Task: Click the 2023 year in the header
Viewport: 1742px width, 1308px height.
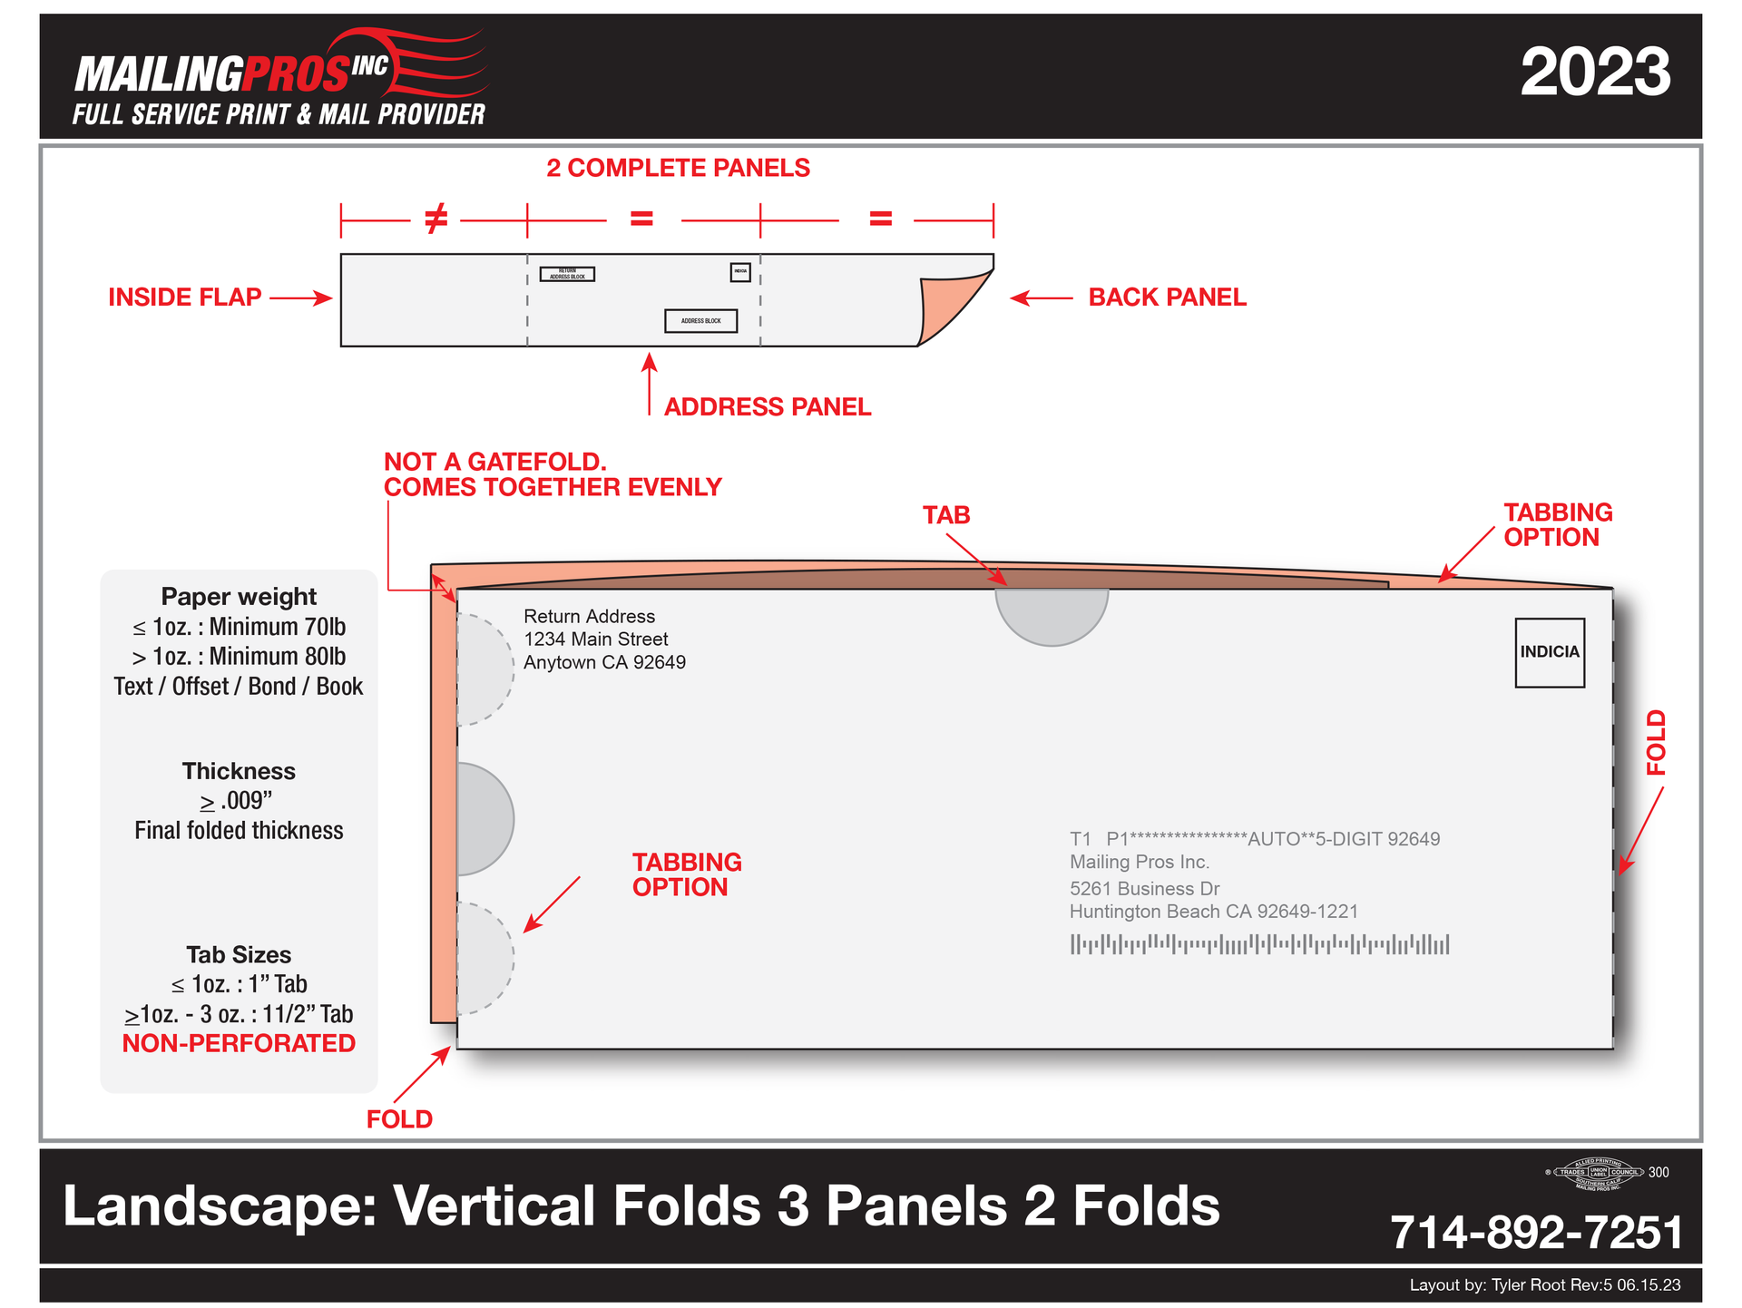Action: (1594, 73)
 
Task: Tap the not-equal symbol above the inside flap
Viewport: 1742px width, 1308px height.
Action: (435, 219)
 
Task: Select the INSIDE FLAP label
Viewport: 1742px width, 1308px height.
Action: (184, 298)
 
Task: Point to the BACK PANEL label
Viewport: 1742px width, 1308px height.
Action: (1167, 298)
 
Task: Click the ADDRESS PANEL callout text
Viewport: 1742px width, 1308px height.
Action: (767, 407)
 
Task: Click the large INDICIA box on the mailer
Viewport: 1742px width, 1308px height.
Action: (1549, 652)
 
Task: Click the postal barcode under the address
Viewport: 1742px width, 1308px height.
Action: (1259, 944)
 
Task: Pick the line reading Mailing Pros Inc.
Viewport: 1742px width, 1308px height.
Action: (1139, 862)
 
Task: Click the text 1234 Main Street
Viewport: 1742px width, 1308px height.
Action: (595, 639)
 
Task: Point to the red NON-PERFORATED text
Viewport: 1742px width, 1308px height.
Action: (239, 1044)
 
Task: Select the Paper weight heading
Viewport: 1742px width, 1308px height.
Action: (239, 597)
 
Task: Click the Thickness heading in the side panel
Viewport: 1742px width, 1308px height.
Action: (239, 771)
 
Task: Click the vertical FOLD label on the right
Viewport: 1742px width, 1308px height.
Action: (1656, 742)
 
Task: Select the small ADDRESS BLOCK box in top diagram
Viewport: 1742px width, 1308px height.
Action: (700, 321)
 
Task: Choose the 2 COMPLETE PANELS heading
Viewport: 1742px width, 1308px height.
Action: (678, 168)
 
